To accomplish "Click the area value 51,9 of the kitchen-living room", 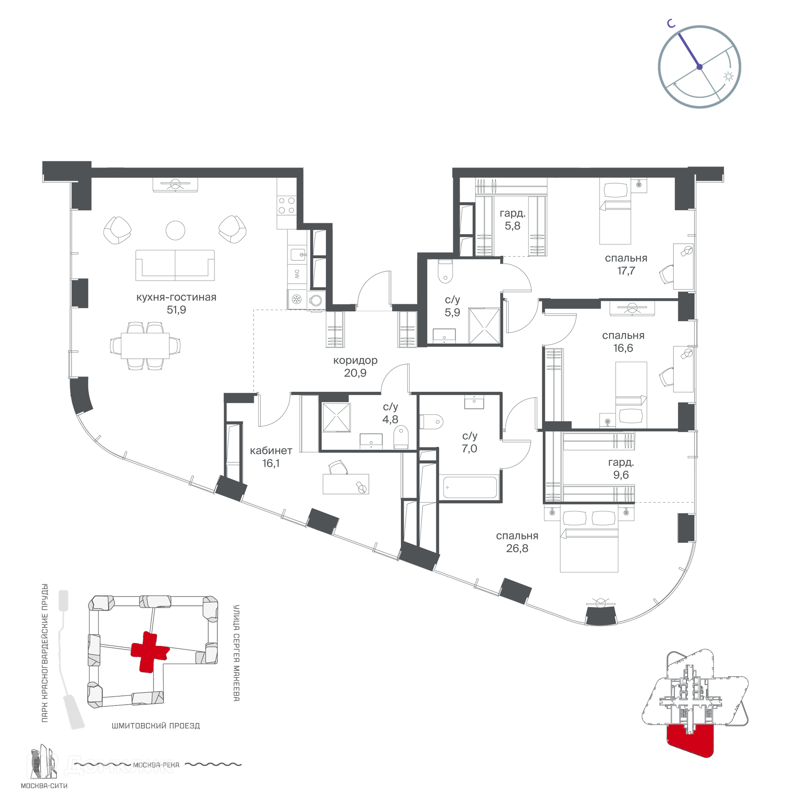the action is click(x=176, y=310).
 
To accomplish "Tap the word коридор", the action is click(x=355, y=360).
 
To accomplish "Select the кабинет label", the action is click(x=271, y=451).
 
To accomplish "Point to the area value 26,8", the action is click(x=517, y=548).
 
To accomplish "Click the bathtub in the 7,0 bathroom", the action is click(x=470, y=487).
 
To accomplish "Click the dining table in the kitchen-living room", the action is click(x=145, y=345).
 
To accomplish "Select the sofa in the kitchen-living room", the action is click(x=175, y=265).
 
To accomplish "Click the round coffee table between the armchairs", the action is click(x=175, y=230).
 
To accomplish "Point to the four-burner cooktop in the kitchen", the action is click(x=287, y=205).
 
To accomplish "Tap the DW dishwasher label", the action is click(x=297, y=274).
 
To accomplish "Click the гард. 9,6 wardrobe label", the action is click(x=621, y=469).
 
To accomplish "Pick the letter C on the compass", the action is click(x=671, y=24).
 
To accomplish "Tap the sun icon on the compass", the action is click(x=728, y=76).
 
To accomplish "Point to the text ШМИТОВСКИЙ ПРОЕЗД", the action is click(x=156, y=726).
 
